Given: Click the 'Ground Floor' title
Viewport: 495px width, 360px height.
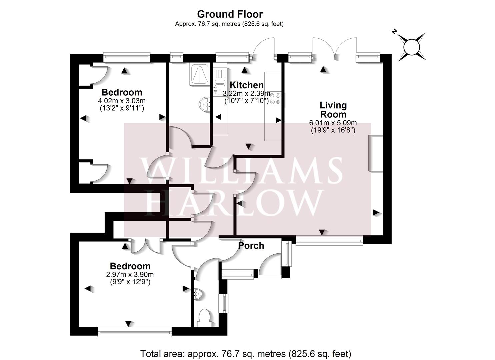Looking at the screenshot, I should coord(230,14).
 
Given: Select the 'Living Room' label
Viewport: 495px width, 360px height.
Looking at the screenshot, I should coord(333,110).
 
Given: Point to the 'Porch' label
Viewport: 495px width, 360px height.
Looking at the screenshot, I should coord(251,246).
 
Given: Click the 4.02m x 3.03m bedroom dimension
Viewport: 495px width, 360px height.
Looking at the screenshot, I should coord(122,101).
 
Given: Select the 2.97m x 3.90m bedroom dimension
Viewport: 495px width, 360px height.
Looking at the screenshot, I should coord(130,275).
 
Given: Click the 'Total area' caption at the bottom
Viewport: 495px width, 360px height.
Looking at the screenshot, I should coord(246,353).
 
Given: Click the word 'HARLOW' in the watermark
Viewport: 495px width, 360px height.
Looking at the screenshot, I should coord(235,202).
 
